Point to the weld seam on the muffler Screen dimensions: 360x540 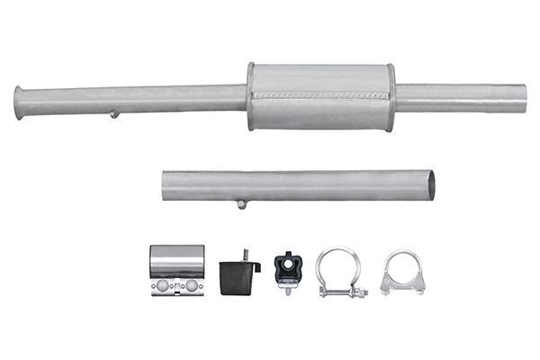(x=320, y=94)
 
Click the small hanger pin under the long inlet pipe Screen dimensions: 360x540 (x=114, y=113)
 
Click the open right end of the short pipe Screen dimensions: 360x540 (x=430, y=184)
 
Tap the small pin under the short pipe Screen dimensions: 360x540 (x=241, y=204)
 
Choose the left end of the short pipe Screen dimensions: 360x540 (x=166, y=186)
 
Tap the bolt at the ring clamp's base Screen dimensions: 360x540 (x=343, y=292)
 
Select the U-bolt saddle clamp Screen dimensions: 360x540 (x=401, y=272)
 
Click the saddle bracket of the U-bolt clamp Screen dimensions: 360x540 (x=401, y=285)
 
